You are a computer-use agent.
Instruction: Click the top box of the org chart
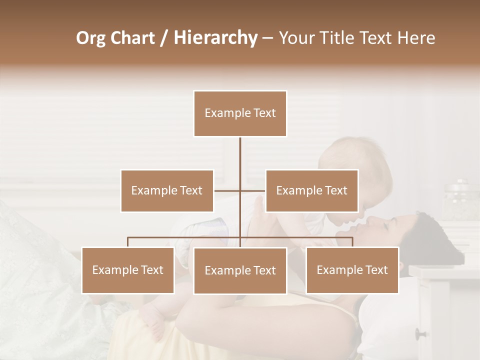tap(240, 113)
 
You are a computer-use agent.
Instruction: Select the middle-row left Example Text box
tap(167, 191)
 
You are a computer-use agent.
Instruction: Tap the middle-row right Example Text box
tap(311, 191)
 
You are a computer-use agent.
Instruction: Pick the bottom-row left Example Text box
tap(128, 270)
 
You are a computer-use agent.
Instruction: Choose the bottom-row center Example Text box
tap(240, 271)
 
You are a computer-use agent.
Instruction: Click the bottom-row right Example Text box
tap(352, 270)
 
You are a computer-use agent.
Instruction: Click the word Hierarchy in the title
tap(215, 38)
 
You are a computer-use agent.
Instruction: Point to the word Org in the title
tap(90, 38)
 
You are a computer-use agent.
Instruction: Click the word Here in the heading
tap(415, 38)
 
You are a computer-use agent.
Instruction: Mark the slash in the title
tap(164, 38)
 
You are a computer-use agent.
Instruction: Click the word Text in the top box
tap(264, 113)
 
